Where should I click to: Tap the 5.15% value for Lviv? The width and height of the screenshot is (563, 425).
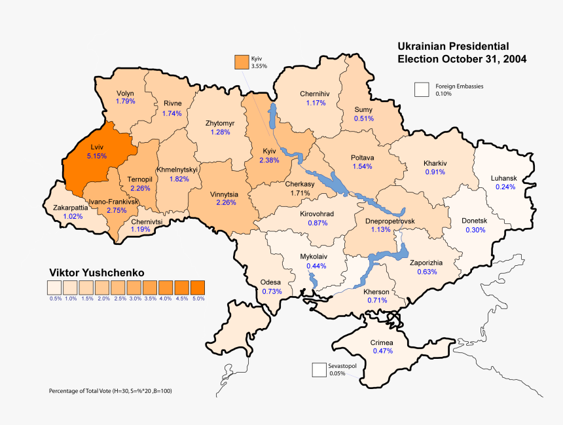point(96,157)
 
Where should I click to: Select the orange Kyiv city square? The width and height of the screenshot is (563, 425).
point(242,62)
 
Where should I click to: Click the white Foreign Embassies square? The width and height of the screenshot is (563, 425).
point(422,90)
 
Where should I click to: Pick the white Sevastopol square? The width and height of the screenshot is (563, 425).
point(319,370)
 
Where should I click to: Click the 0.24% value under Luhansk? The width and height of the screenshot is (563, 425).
point(505,187)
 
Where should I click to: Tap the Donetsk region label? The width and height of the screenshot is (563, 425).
point(475,221)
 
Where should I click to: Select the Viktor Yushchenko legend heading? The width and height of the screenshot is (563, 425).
point(96,272)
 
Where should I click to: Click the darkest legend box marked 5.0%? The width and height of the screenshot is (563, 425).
point(197,287)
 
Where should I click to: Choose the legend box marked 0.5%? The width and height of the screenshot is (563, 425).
point(54,287)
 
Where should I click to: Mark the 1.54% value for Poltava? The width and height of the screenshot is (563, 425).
point(362,166)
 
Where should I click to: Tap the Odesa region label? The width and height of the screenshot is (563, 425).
point(271,282)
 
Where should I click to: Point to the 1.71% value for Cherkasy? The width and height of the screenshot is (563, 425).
point(299,193)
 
